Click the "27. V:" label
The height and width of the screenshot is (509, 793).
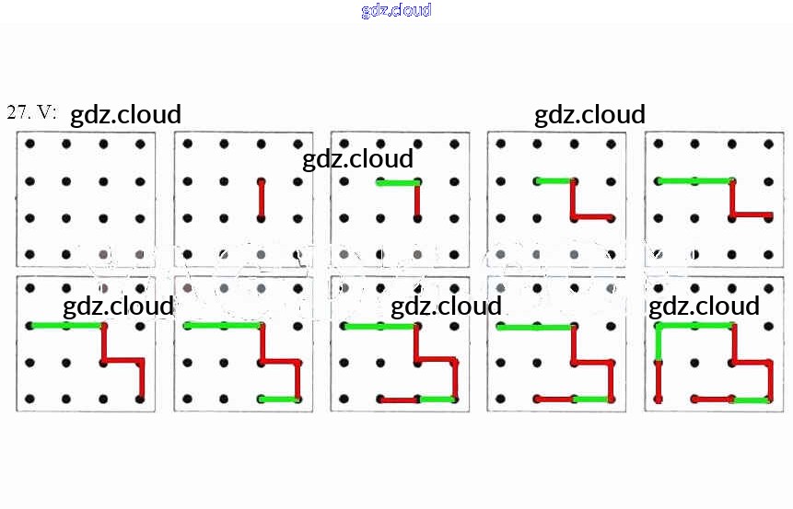tap(31, 112)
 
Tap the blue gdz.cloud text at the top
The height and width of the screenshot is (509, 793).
tap(396, 11)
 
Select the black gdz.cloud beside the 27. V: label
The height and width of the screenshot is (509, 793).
tap(125, 115)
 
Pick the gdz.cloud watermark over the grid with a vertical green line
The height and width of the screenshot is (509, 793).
tap(704, 306)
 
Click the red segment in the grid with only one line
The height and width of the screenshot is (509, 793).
tap(261, 199)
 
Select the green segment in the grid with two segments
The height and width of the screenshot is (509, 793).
tap(398, 182)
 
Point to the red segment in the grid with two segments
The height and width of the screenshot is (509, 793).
tap(417, 200)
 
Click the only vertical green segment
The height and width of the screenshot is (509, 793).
tap(659, 342)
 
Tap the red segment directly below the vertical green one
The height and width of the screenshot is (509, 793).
tap(659, 381)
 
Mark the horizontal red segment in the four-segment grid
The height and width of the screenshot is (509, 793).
tap(752, 215)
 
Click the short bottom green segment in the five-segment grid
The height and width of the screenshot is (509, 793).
tap(279, 399)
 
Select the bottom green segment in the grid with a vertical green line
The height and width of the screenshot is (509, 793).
tap(752, 399)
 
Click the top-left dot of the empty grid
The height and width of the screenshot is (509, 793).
tap(30, 144)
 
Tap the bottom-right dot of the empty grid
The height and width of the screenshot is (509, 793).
tap(140, 253)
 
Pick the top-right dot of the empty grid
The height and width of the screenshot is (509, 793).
tap(140, 144)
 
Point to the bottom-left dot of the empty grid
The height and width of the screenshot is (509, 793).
tap(30, 253)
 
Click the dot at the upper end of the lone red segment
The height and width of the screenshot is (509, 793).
tap(261, 180)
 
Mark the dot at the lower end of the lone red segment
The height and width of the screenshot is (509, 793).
tap(261, 218)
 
